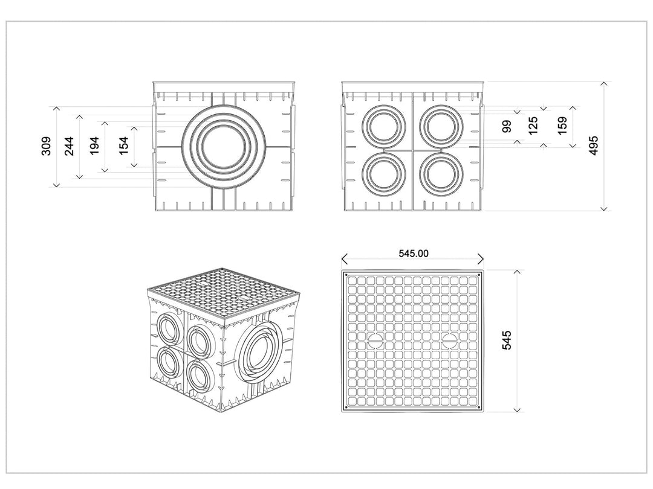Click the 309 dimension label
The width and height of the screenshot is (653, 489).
point(46,146)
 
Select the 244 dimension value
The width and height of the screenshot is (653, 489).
point(69,146)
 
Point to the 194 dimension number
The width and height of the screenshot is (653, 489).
point(94,146)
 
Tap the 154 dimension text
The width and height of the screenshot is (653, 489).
point(124,146)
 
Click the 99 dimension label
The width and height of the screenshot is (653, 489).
point(507,126)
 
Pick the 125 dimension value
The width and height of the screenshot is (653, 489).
point(533,126)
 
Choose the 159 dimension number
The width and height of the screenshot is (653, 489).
point(562,126)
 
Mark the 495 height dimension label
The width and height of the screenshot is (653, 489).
point(594,145)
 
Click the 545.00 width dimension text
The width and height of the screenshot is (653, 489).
point(413,253)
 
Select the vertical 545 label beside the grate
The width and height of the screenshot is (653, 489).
point(507,340)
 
